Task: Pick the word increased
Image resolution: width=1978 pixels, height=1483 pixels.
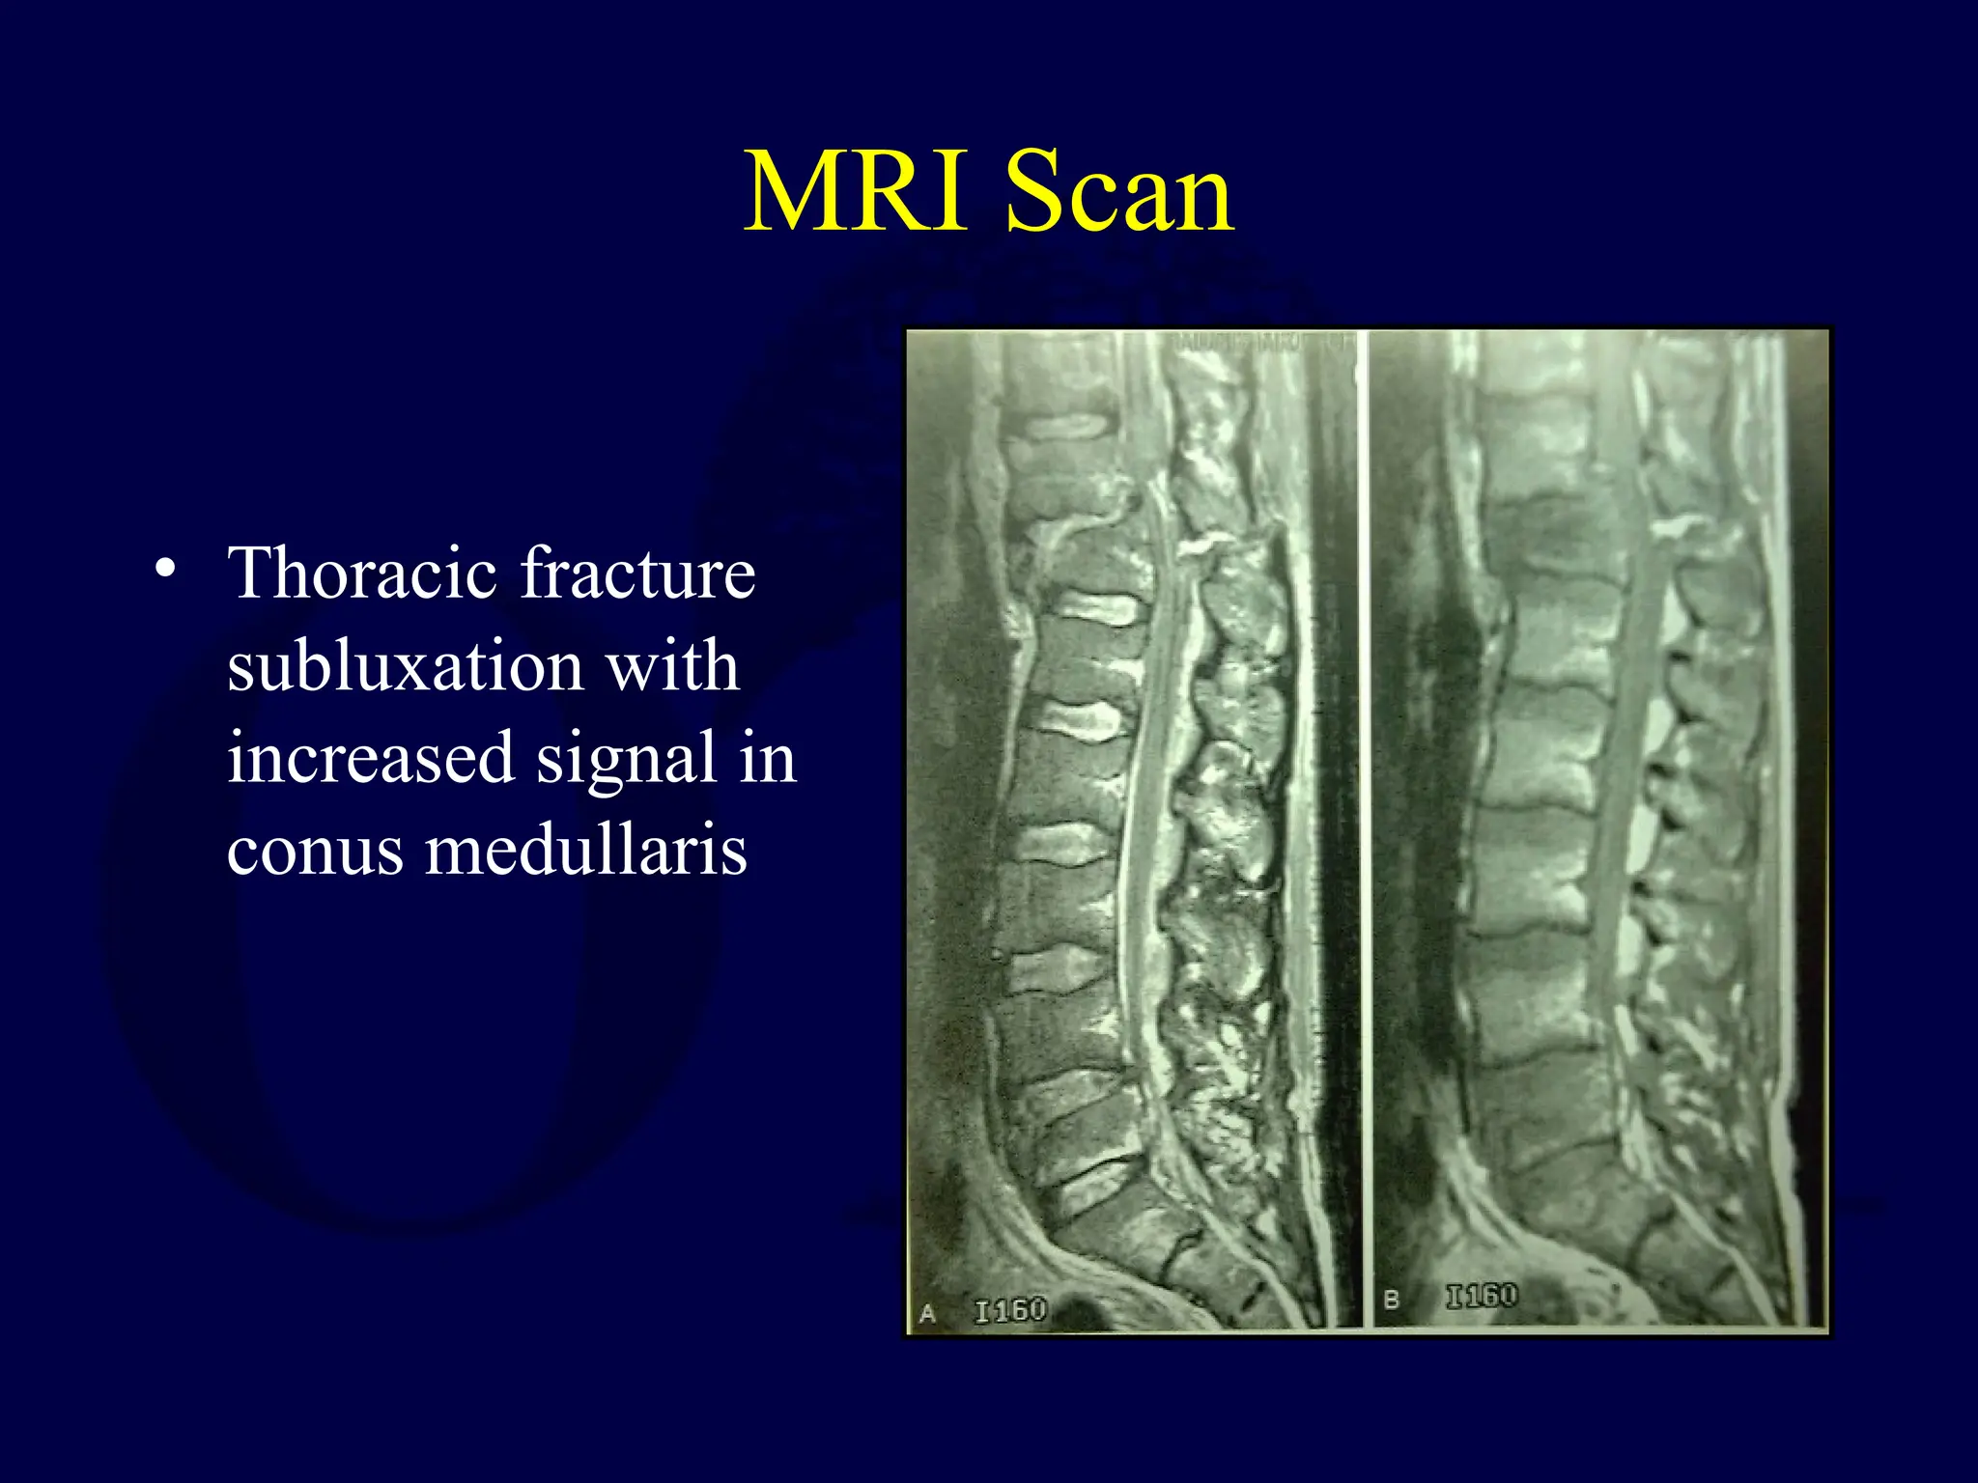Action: [x=371, y=759]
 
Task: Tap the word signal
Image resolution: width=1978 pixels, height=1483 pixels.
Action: [x=626, y=759]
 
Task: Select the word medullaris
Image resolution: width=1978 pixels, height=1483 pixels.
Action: [x=586, y=851]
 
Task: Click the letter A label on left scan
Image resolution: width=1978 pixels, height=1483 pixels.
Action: [x=928, y=1313]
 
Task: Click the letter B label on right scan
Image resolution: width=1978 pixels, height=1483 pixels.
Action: [x=1391, y=1300]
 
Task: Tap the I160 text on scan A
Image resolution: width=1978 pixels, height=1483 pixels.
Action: [x=1010, y=1310]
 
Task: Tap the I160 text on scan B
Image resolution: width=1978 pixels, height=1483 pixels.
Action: [x=1481, y=1296]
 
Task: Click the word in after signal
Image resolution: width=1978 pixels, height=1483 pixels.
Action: [x=769, y=759]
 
